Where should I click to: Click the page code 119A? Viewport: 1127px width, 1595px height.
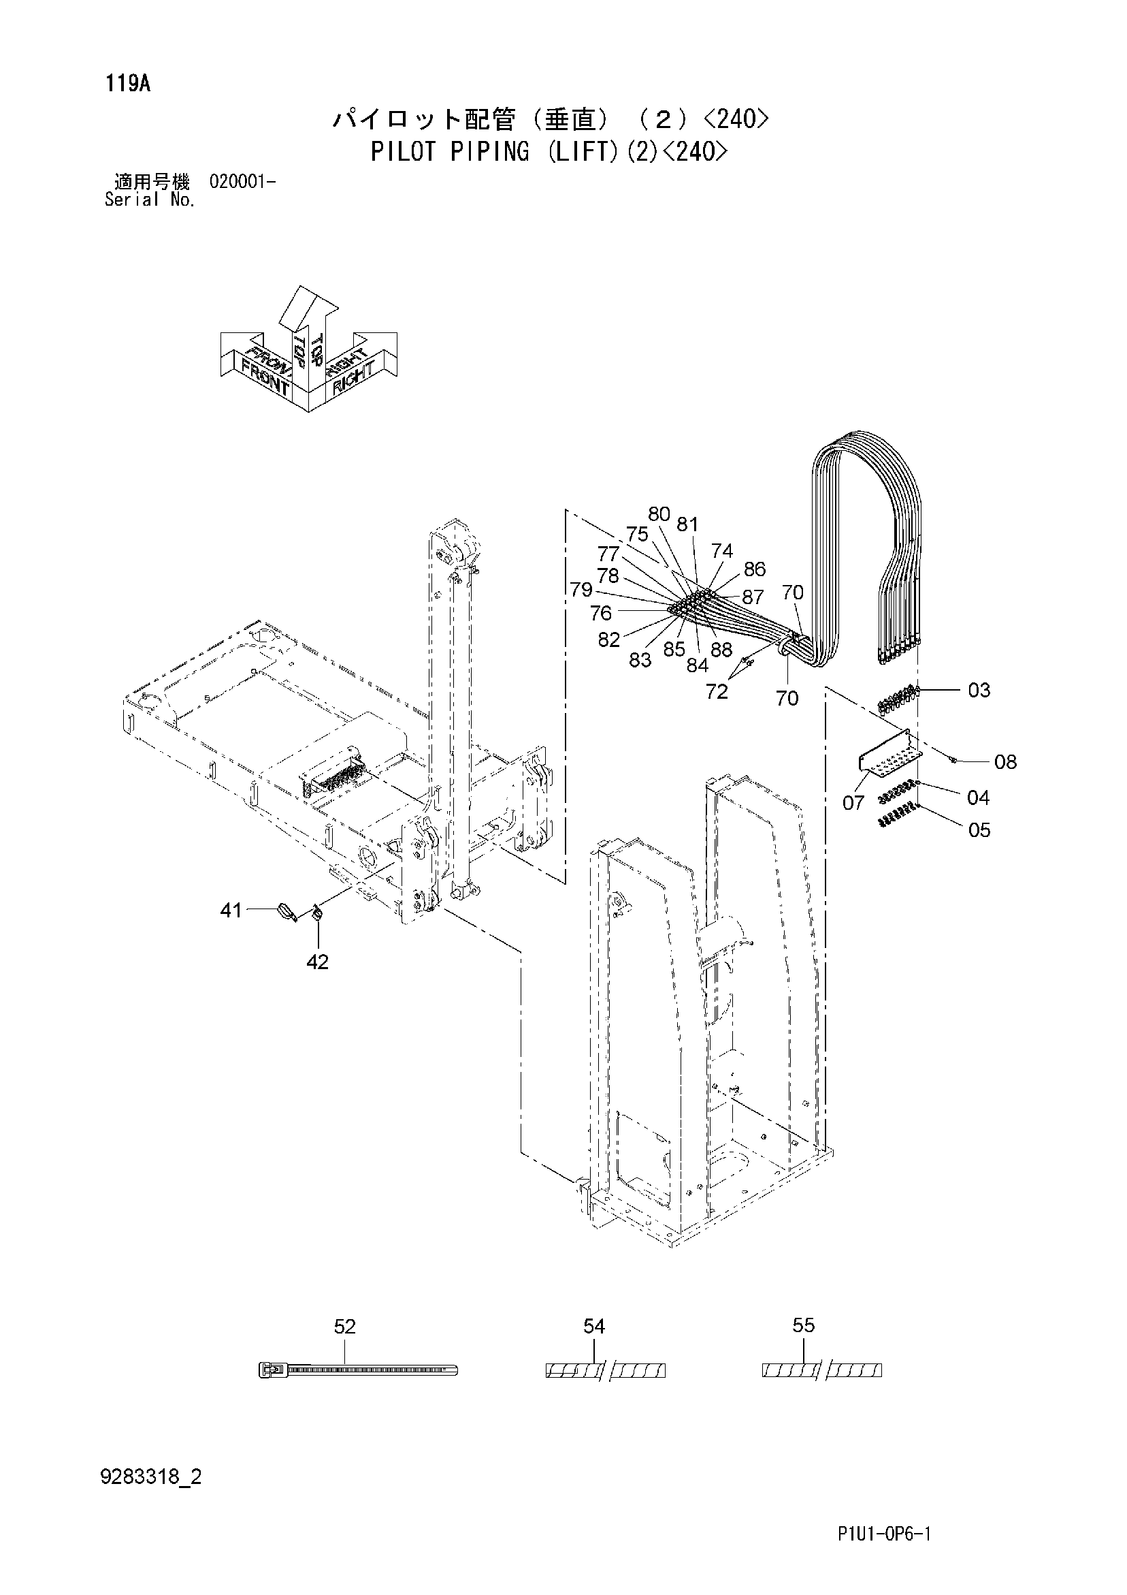click(x=128, y=84)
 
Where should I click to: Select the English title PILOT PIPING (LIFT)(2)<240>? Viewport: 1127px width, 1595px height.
click(x=550, y=151)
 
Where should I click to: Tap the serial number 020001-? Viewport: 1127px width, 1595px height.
click(x=242, y=183)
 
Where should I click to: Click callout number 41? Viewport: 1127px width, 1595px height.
click(x=231, y=909)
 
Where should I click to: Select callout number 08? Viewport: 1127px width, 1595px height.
click(x=1004, y=762)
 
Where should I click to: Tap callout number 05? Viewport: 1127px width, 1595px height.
click(x=979, y=830)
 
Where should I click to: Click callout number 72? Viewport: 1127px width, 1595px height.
click(x=717, y=691)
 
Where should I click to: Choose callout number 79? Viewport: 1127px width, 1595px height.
click(x=581, y=590)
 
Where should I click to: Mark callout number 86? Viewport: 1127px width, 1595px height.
click(x=754, y=569)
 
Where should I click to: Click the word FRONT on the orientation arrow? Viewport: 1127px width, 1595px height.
click(x=265, y=377)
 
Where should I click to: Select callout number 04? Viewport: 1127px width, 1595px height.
click(x=978, y=797)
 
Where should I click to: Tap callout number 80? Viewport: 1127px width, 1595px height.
click(x=659, y=514)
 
